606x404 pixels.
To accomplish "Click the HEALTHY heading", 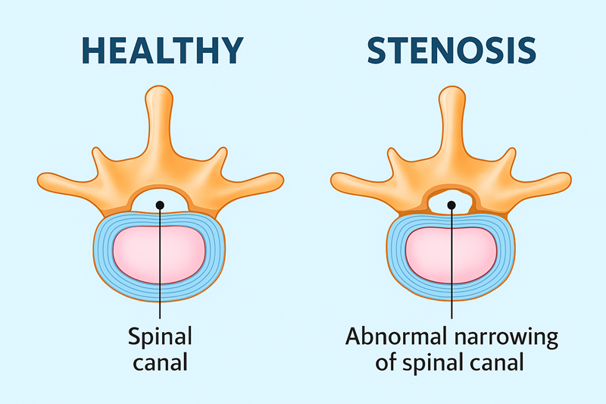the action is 163,50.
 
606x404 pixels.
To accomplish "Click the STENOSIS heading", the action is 451,50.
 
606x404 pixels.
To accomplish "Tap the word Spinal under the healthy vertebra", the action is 160,337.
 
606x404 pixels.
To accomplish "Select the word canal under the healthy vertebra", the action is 160,363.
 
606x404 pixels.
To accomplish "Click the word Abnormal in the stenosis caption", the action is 395,337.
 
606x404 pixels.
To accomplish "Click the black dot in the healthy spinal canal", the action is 160,205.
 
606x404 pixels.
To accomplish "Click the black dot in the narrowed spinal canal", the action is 451,205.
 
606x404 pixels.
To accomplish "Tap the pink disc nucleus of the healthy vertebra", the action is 159,255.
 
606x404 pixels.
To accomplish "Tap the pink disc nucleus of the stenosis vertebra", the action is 451,255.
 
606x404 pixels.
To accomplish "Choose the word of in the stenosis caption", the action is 386,362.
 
